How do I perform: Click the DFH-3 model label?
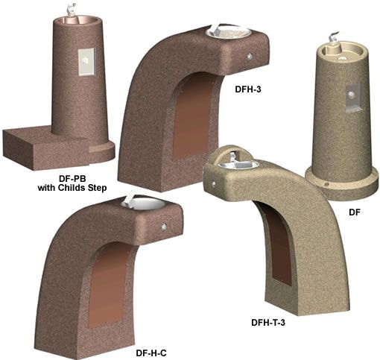click(x=248, y=89)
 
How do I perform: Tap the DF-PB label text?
click(x=72, y=178)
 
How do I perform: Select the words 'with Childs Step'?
click(x=72, y=188)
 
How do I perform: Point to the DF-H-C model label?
click(x=151, y=353)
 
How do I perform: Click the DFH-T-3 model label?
click(x=268, y=323)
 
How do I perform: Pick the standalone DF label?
click(x=355, y=212)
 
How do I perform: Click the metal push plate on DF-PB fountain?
click(x=86, y=62)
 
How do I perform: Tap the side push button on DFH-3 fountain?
click(x=250, y=57)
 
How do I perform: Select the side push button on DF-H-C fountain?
click(x=164, y=227)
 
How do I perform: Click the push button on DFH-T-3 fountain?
click(x=214, y=183)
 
